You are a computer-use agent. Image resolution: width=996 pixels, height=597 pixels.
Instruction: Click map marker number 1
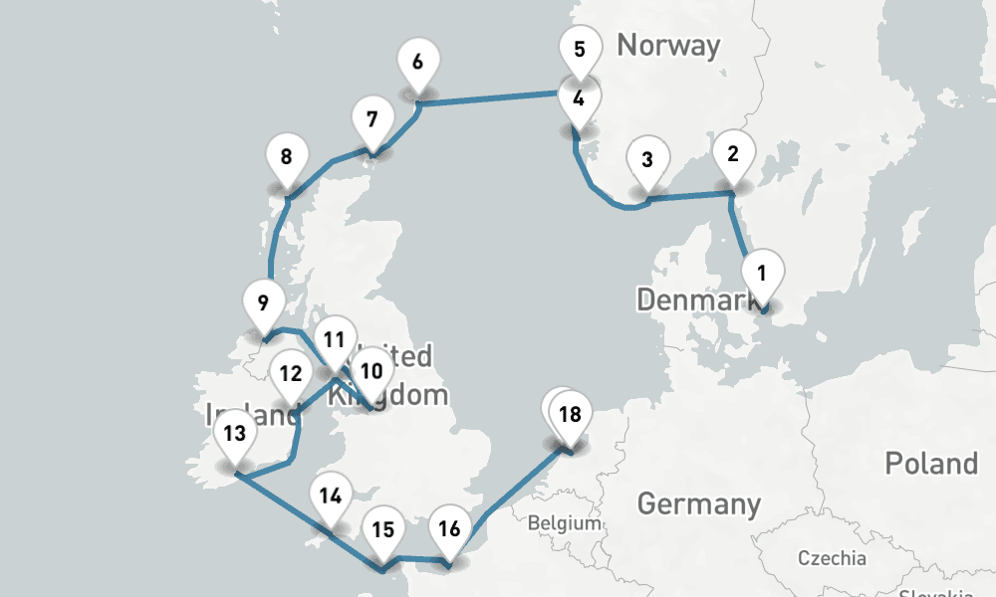762,272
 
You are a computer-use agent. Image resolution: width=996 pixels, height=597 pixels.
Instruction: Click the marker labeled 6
417,61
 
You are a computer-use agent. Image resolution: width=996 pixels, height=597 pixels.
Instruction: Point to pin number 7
372,120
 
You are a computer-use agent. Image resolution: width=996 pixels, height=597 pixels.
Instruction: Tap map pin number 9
263,302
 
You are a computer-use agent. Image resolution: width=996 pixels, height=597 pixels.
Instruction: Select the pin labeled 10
372,371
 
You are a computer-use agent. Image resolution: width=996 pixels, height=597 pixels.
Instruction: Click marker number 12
291,374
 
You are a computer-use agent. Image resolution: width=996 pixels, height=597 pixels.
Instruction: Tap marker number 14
332,496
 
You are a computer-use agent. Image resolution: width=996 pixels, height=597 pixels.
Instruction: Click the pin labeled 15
383,529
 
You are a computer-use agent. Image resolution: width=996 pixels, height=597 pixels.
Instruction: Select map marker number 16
449,528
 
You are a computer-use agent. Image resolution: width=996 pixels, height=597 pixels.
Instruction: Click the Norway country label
668,45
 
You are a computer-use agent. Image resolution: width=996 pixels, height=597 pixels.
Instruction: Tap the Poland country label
931,464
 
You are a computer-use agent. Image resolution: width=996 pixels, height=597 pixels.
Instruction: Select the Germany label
698,503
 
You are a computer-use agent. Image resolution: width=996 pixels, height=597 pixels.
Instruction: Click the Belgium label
565,523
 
